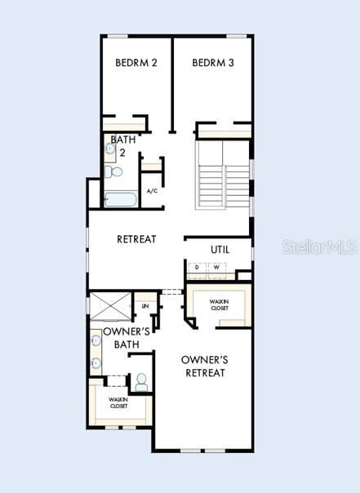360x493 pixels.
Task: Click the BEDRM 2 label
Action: click(x=136, y=63)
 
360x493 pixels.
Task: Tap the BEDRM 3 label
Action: click(x=213, y=63)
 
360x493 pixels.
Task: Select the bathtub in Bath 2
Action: click(x=121, y=199)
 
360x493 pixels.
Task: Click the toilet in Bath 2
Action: click(x=113, y=171)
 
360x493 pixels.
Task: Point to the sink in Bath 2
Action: click(x=109, y=149)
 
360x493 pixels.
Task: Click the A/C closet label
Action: click(x=152, y=191)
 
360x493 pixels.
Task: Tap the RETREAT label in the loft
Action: click(x=136, y=239)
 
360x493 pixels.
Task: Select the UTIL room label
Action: click(x=220, y=250)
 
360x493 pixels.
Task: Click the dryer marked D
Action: click(x=197, y=268)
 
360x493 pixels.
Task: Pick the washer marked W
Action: click(x=216, y=268)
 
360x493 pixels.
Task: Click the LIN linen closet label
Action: click(x=145, y=306)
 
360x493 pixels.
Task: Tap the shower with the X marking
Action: click(x=110, y=306)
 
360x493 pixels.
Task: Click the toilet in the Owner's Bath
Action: click(x=141, y=382)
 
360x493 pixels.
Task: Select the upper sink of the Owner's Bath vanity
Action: click(x=96, y=340)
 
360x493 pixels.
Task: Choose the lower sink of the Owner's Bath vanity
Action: click(x=96, y=363)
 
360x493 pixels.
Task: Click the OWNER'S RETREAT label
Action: click(x=205, y=366)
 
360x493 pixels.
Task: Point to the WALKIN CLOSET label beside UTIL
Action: click(x=219, y=305)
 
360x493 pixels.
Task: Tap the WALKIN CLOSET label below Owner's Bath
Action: click(x=118, y=402)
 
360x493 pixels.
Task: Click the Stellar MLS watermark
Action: click(x=320, y=246)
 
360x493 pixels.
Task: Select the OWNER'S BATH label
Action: click(x=127, y=338)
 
